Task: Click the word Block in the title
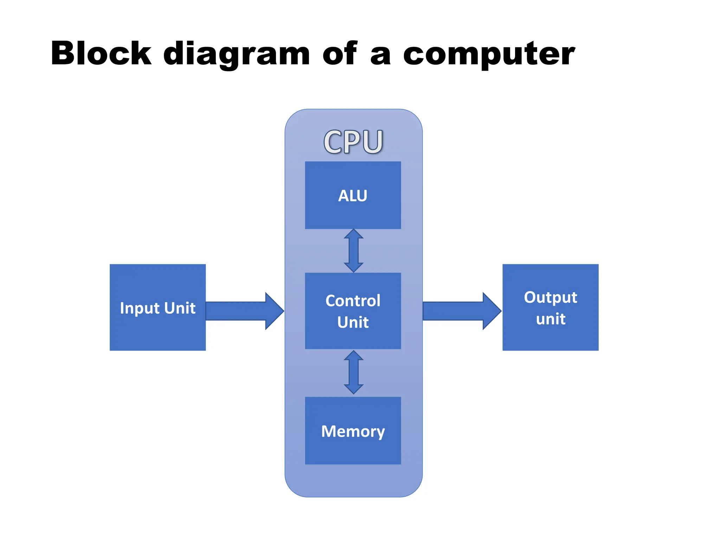click(101, 53)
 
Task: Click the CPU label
click(353, 142)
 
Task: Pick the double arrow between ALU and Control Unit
click(354, 251)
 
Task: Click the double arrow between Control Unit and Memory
click(354, 372)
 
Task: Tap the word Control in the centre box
click(353, 301)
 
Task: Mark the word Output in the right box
click(550, 298)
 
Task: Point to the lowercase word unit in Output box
click(551, 319)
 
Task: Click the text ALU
click(353, 196)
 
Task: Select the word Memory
click(353, 431)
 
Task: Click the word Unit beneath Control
click(353, 322)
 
